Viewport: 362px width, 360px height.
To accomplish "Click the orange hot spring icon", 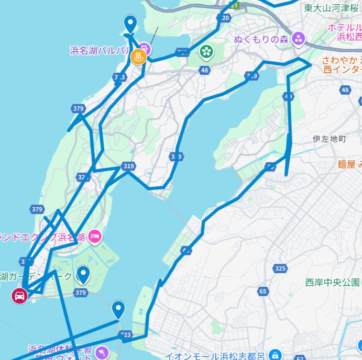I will [139, 57].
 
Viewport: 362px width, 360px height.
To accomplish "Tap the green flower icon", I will [207, 51].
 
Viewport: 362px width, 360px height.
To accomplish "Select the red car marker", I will [19, 296].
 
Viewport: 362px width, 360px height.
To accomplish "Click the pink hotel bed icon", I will [95, 237].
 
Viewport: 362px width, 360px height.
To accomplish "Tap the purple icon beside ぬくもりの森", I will [299, 38].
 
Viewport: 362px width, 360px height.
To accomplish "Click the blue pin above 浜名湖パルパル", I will [130, 24].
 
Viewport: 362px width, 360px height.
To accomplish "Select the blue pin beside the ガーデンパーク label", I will [83, 274].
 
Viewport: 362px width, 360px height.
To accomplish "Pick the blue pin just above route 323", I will [119, 309].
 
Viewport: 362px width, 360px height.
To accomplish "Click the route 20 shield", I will [225, 18].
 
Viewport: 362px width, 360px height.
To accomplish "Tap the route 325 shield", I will [280, 268].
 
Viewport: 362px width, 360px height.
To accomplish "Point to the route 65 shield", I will [262, 291].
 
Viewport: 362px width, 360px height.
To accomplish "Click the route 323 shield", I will [125, 334].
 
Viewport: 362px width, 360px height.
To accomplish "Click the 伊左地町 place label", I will [330, 139].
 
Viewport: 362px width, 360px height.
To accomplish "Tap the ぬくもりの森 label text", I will [261, 39].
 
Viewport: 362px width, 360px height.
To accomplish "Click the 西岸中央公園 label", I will [332, 283].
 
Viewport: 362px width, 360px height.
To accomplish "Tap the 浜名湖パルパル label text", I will [100, 50].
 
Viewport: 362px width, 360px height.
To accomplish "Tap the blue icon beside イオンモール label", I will [275, 354].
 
